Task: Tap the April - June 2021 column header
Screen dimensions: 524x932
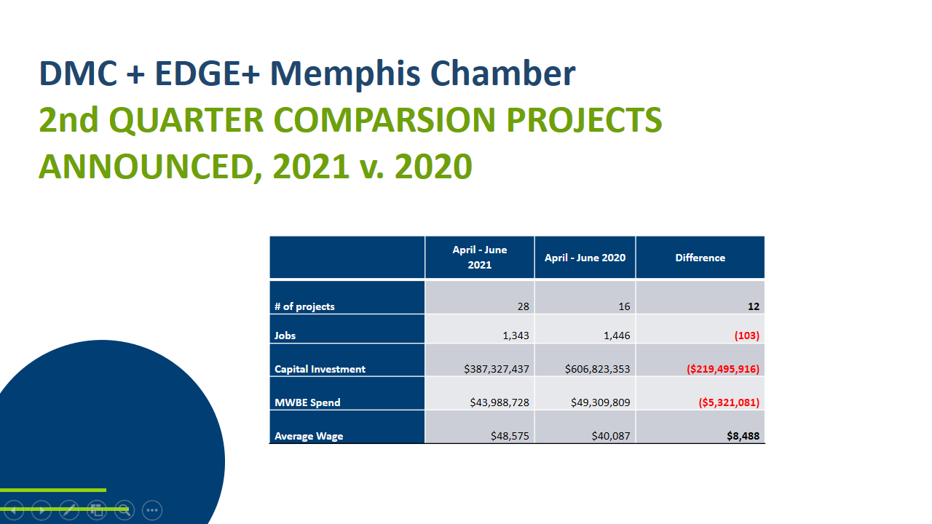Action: click(x=479, y=257)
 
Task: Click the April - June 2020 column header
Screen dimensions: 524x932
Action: click(x=585, y=258)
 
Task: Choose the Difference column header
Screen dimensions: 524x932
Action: click(x=700, y=258)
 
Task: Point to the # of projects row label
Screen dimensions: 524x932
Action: click(x=304, y=306)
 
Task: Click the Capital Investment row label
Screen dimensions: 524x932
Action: click(x=320, y=369)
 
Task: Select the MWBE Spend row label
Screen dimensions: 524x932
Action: click(x=307, y=402)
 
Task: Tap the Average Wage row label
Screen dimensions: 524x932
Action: click(x=309, y=436)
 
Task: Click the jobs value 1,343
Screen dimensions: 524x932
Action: click(x=514, y=336)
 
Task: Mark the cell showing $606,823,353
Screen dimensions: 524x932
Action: click(x=597, y=369)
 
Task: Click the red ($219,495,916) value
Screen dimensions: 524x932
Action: click(x=722, y=369)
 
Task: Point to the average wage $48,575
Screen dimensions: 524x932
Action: click(x=510, y=436)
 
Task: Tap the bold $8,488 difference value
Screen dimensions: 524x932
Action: click(x=743, y=436)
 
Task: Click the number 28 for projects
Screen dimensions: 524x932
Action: click(x=523, y=306)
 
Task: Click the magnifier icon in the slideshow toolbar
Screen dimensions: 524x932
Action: click(x=125, y=510)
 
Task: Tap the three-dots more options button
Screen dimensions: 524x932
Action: click(x=152, y=510)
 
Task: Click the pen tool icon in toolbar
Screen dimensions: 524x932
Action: click(x=69, y=510)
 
